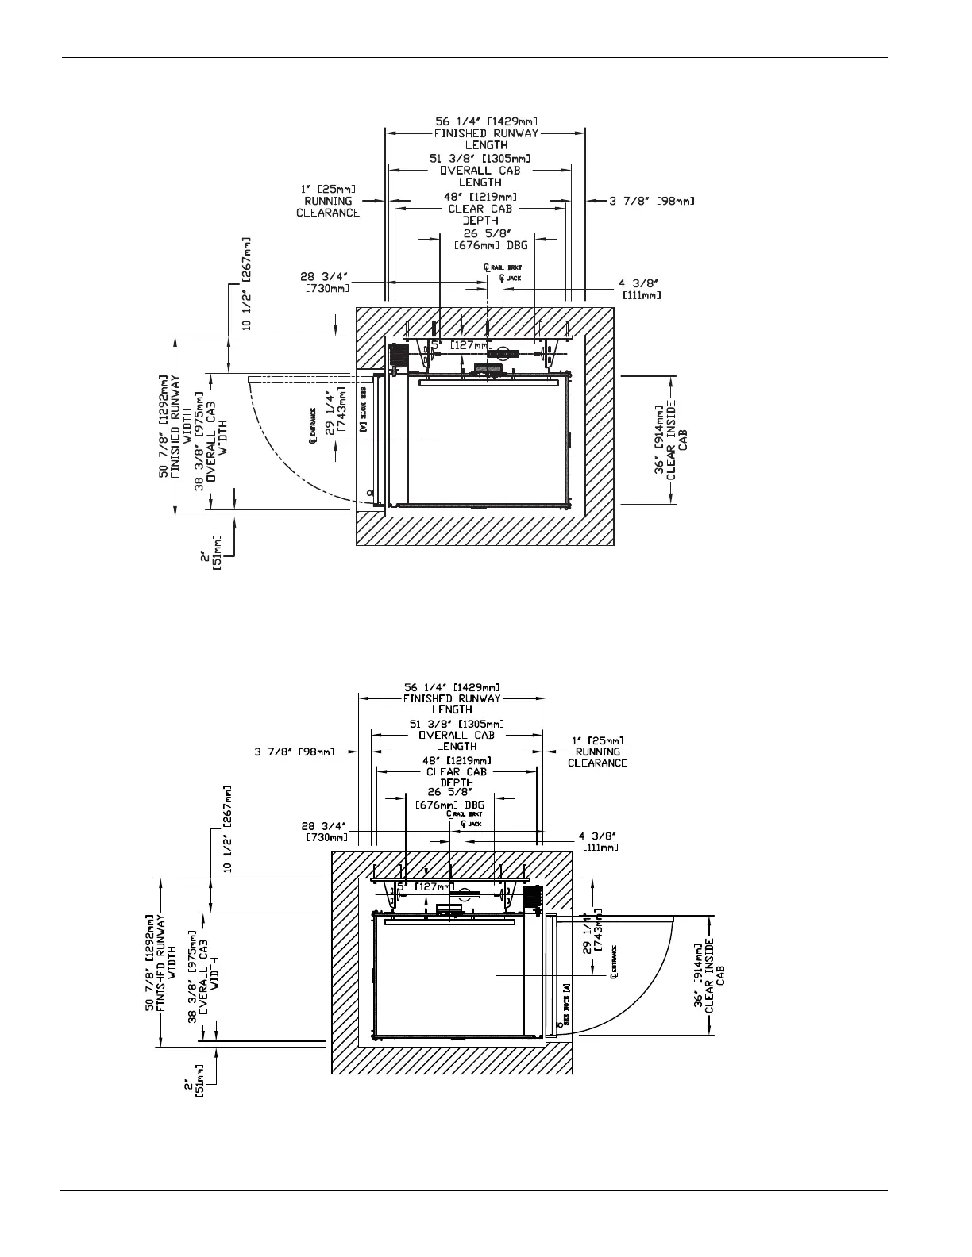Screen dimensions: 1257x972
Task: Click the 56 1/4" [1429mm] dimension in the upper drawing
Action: click(484, 121)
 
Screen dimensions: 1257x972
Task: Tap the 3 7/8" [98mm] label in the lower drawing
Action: click(295, 752)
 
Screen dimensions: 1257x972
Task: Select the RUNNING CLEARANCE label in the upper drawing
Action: click(328, 206)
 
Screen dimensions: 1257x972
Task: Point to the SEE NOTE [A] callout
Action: click(566, 1001)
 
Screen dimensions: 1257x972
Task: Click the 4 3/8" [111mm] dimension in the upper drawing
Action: click(638, 289)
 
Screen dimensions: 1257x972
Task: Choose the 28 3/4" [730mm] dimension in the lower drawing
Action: click(326, 832)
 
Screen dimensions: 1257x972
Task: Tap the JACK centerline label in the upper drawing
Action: click(510, 278)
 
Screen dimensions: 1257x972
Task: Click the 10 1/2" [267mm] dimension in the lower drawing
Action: click(228, 829)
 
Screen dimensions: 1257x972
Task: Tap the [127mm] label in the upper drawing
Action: click(471, 345)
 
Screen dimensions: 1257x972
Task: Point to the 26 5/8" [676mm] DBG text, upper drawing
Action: click(491, 240)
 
